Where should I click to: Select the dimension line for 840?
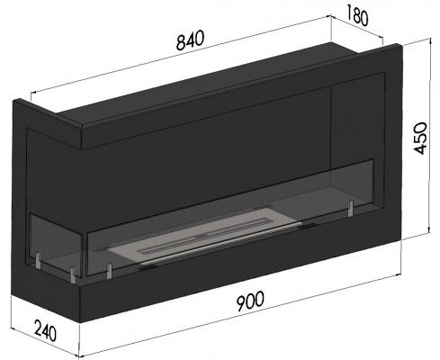[x=180, y=58]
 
